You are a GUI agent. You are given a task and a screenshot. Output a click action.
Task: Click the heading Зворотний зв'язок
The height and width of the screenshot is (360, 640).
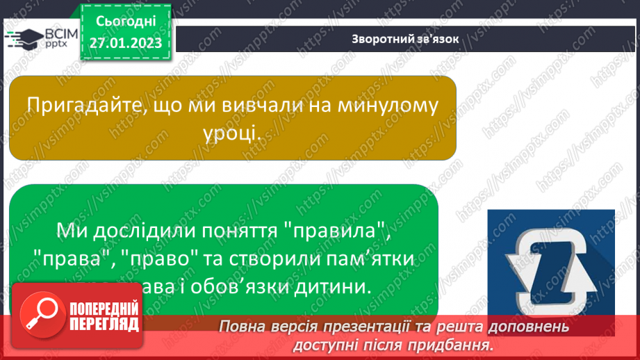click(x=405, y=39)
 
